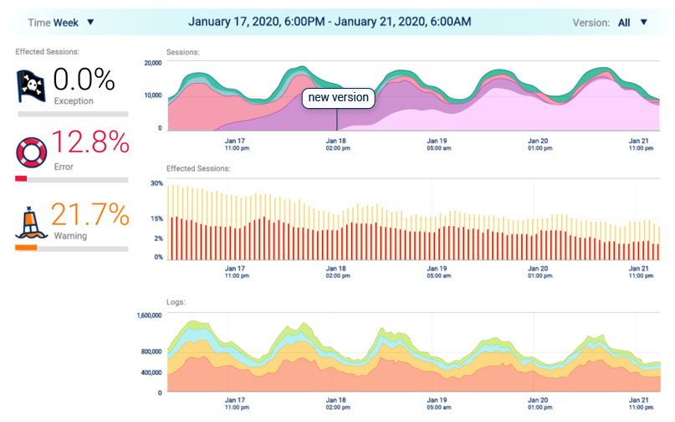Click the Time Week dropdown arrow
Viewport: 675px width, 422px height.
coord(90,23)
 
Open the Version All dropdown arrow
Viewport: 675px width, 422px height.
coord(643,23)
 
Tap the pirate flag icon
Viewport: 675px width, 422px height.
coord(32,85)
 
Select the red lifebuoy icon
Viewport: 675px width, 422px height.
coord(32,152)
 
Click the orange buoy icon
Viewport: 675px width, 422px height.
coord(30,222)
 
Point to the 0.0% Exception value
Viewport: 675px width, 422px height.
coord(84,80)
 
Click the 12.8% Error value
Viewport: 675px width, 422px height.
coord(90,143)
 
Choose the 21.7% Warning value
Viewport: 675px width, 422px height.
coord(90,214)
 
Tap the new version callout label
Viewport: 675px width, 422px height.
coord(338,98)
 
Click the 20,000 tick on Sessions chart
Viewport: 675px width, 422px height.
coord(152,63)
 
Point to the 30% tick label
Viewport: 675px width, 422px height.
coord(156,183)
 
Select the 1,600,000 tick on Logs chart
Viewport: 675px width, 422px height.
coord(144,316)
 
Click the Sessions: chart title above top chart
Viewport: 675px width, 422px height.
coord(183,52)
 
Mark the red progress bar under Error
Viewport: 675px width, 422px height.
coord(21,178)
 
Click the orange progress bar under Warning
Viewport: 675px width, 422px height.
coord(26,248)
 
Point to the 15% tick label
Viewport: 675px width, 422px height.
coord(156,219)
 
